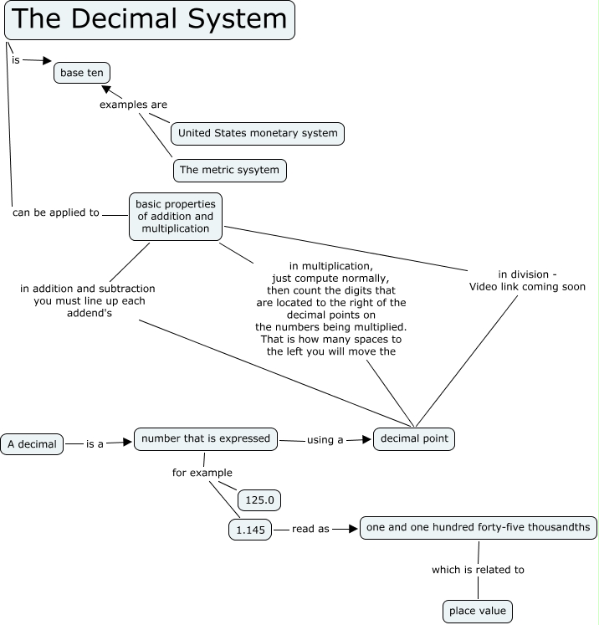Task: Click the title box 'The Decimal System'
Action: (x=150, y=20)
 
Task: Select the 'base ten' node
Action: (x=82, y=73)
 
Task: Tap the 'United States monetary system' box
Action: (x=258, y=133)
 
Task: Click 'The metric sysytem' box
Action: (x=230, y=170)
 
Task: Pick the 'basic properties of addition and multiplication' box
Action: (x=176, y=216)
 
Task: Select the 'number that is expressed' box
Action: (x=206, y=438)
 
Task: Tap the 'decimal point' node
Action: (x=414, y=438)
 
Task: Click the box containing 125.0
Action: (x=259, y=500)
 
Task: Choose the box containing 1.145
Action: (x=250, y=530)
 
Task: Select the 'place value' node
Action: (x=477, y=612)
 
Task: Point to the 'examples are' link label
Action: (x=133, y=105)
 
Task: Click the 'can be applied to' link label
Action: (x=56, y=213)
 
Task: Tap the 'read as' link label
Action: (x=310, y=530)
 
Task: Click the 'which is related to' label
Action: (x=478, y=570)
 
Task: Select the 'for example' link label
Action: (x=202, y=473)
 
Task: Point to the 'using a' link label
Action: (x=325, y=439)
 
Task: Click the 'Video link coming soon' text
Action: (x=527, y=286)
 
